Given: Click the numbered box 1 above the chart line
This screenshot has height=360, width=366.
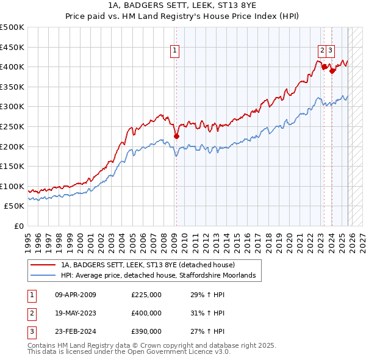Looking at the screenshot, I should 174,51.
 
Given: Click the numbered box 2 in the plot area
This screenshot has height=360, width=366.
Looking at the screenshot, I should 321,51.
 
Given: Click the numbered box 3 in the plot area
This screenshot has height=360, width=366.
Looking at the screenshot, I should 330,51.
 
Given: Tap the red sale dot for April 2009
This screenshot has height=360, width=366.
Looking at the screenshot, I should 176,137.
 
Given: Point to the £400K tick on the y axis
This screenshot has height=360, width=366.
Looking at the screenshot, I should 12,67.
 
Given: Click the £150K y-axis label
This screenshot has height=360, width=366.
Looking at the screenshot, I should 12,166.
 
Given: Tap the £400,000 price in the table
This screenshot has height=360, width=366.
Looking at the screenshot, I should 146,313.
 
